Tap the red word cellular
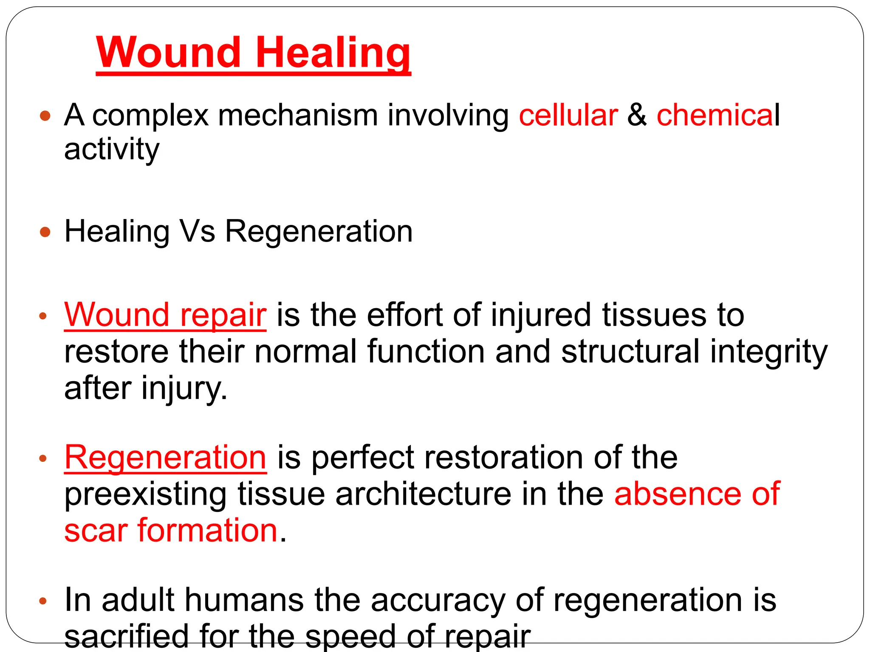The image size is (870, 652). coord(568,115)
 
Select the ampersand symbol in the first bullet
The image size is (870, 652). coord(637,115)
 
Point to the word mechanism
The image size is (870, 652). coord(298,115)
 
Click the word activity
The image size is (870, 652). coord(112,149)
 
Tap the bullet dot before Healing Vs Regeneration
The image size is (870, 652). coord(45,232)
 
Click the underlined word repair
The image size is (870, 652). coord(223,315)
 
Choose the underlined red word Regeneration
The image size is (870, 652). coord(165,458)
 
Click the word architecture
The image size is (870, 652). coord(423,494)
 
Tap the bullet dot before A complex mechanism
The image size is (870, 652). coord(45,115)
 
